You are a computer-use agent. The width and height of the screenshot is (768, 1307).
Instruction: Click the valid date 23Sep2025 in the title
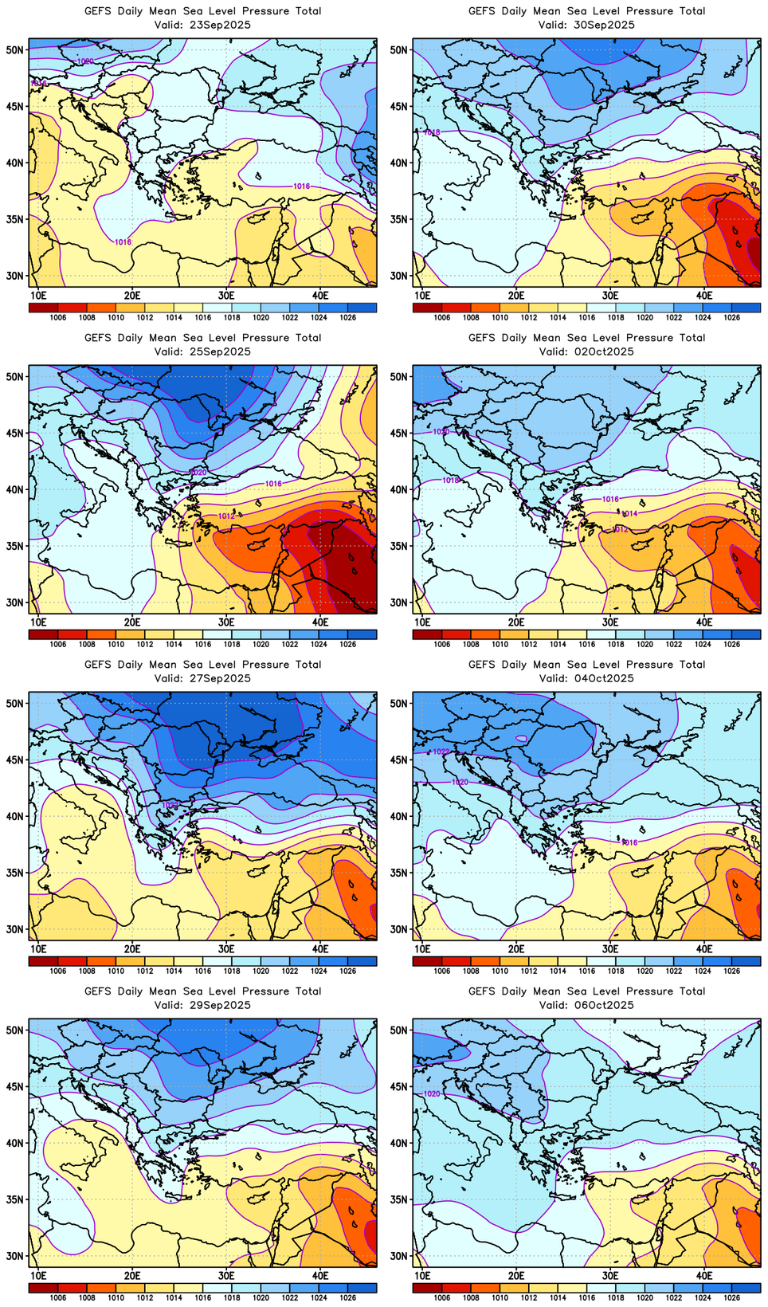225,25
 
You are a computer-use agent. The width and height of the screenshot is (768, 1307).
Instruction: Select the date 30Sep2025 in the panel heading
609,25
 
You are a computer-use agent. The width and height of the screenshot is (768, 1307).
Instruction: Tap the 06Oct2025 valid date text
609,1005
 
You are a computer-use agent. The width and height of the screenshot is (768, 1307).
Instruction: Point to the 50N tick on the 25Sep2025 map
16,376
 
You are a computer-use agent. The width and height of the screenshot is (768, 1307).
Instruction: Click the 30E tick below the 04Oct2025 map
610,949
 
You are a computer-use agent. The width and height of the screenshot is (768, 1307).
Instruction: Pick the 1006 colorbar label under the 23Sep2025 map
58,317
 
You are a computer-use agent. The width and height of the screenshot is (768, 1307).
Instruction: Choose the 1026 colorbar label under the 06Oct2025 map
731,1297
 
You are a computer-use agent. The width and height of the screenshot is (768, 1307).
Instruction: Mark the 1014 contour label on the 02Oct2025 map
629,514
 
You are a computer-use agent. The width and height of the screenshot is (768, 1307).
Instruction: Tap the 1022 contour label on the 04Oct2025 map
441,752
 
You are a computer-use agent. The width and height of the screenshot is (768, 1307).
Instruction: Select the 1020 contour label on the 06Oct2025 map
432,1094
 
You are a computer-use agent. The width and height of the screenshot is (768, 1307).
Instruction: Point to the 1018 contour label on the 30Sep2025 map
432,132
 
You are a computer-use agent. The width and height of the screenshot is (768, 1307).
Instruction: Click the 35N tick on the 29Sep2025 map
16,1199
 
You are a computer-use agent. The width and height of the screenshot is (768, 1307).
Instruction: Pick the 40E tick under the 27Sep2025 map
320,949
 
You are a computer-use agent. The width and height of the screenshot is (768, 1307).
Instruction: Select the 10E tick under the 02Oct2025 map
422,622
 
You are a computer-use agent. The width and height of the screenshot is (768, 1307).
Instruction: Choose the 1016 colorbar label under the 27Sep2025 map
203,971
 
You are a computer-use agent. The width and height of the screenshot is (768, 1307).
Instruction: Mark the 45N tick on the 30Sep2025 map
400,106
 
